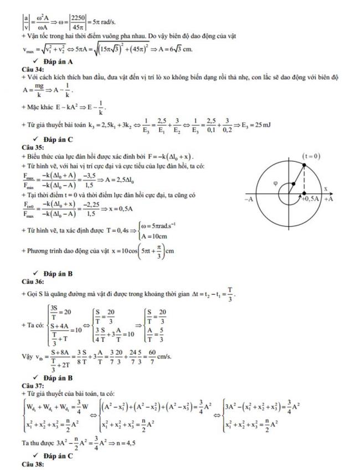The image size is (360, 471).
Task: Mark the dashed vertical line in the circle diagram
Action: click(304, 180)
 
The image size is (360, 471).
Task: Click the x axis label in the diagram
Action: click(326, 188)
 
